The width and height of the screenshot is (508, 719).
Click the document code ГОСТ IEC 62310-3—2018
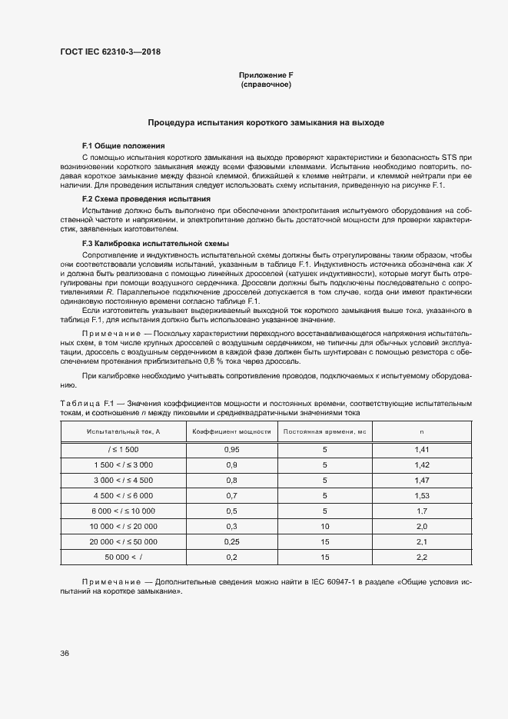pyautogui.click(x=110, y=52)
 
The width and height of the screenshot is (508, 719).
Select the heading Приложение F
pyautogui.click(x=266, y=75)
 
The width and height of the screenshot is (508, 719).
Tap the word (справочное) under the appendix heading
pyautogui.click(x=266, y=85)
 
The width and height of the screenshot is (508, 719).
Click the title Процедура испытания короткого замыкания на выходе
pyautogui.click(x=266, y=122)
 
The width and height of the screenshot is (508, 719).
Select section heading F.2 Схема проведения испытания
pyautogui.click(x=141, y=198)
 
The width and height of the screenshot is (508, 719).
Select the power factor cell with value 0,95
pyautogui.click(x=231, y=448)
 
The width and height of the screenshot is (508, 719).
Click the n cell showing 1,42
pyautogui.click(x=421, y=464)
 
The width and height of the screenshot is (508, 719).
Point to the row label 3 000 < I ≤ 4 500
pyautogui.click(x=123, y=480)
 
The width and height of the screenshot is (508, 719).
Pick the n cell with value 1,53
pyautogui.click(x=421, y=495)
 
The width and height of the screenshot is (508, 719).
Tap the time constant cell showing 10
pyautogui.click(x=324, y=526)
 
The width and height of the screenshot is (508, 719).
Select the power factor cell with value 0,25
pyautogui.click(x=231, y=541)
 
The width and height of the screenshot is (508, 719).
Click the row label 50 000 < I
pyautogui.click(x=123, y=557)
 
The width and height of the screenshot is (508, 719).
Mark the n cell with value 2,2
pyautogui.click(x=421, y=557)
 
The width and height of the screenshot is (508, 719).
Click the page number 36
pyautogui.click(x=65, y=653)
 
